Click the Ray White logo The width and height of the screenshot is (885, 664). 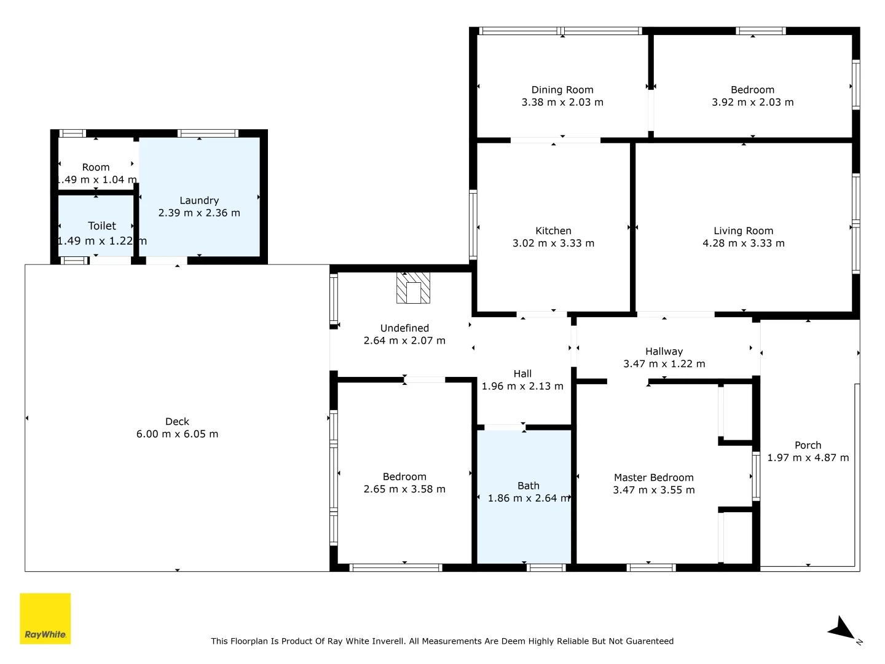click(x=45, y=618)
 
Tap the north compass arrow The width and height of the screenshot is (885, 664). click(x=841, y=629)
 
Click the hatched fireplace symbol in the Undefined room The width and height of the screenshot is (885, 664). click(x=413, y=288)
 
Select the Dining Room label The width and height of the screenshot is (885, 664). click(x=562, y=90)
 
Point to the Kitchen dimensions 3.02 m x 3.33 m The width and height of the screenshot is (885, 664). click(x=553, y=243)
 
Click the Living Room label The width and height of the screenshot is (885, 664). click(x=743, y=231)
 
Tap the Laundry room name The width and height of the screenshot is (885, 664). click(x=199, y=200)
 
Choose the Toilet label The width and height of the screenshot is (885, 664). click(x=102, y=226)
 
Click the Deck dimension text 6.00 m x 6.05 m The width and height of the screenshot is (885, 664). click(x=177, y=434)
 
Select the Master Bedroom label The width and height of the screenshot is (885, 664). click(x=653, y=478)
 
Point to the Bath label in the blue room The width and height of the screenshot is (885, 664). click(x=528, y=486)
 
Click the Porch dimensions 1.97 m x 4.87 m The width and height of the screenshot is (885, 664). click(x=808, y=457)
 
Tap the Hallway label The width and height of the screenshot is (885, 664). click(x=664, y=352)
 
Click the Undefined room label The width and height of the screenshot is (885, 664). click(x=404, y=328)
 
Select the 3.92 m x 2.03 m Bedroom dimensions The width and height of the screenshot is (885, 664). click(x=752, y=102)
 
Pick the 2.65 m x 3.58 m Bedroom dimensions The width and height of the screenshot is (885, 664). click(x=404, y=489)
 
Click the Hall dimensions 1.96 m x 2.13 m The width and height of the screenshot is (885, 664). click(x=522, y=386)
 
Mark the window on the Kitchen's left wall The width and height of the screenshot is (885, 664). click(x=473, y=224)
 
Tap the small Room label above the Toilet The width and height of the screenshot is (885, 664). click(x=96, y=167)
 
